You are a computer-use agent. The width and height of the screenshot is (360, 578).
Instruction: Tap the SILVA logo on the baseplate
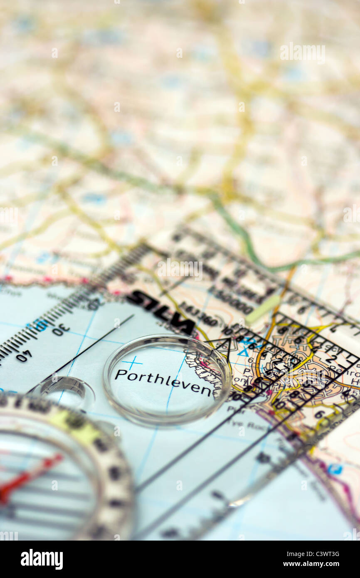[x=160, y=311]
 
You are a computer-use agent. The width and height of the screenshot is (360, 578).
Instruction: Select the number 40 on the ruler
[x=24, y=356]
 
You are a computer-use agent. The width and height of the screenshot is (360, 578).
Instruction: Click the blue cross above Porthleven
[x=132, y=363]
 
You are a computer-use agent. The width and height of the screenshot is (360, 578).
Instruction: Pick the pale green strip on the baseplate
[x=262, y=309]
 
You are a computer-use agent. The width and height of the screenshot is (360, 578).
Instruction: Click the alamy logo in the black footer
[x=42, y=559]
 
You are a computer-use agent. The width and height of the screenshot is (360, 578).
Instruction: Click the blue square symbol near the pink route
[x=335, y=469]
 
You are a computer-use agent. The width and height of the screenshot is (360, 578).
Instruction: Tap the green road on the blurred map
[x=241, y=237]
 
